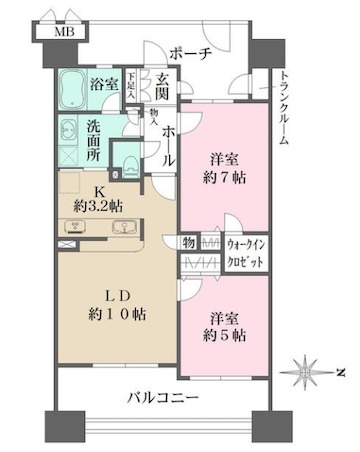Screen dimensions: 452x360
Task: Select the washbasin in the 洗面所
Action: (67, 131)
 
